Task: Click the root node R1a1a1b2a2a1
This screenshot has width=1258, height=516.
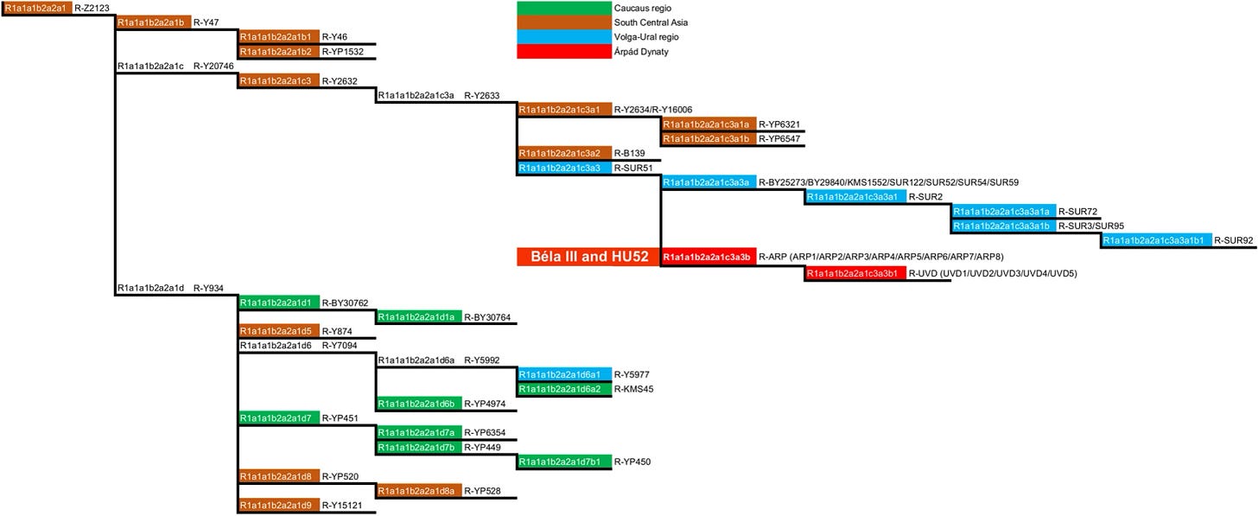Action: click(36, 8)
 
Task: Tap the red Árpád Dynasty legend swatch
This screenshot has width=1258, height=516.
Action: click(562, 52)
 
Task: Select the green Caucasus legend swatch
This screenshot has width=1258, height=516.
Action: click(562, 8)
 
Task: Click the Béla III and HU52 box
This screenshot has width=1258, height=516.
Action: click(588, 257)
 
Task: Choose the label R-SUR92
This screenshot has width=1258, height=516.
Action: click(1233, 240)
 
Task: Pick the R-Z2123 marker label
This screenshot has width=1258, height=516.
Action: click(92, 8)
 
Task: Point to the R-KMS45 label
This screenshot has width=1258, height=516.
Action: click(632, 389)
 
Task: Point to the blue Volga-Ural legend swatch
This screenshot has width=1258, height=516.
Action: click(562, 37)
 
